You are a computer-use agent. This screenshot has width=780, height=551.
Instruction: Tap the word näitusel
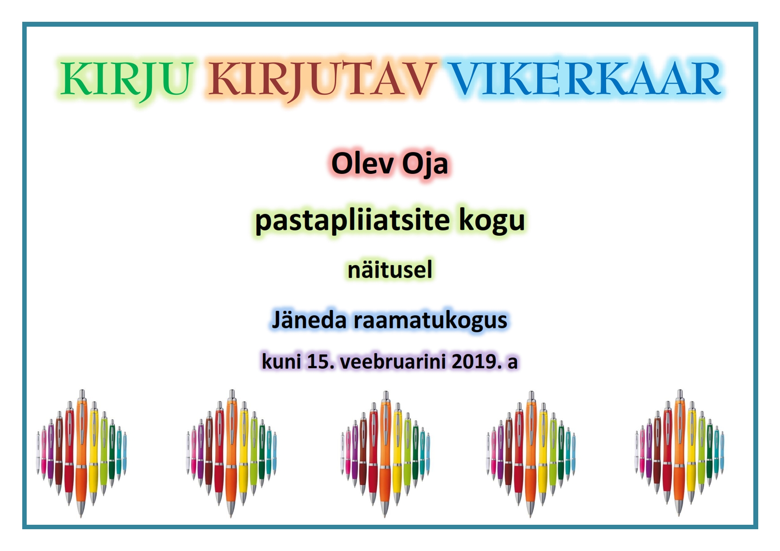tap(390, 269)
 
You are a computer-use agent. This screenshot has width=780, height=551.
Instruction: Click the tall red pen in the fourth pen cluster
tap(519, 454)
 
